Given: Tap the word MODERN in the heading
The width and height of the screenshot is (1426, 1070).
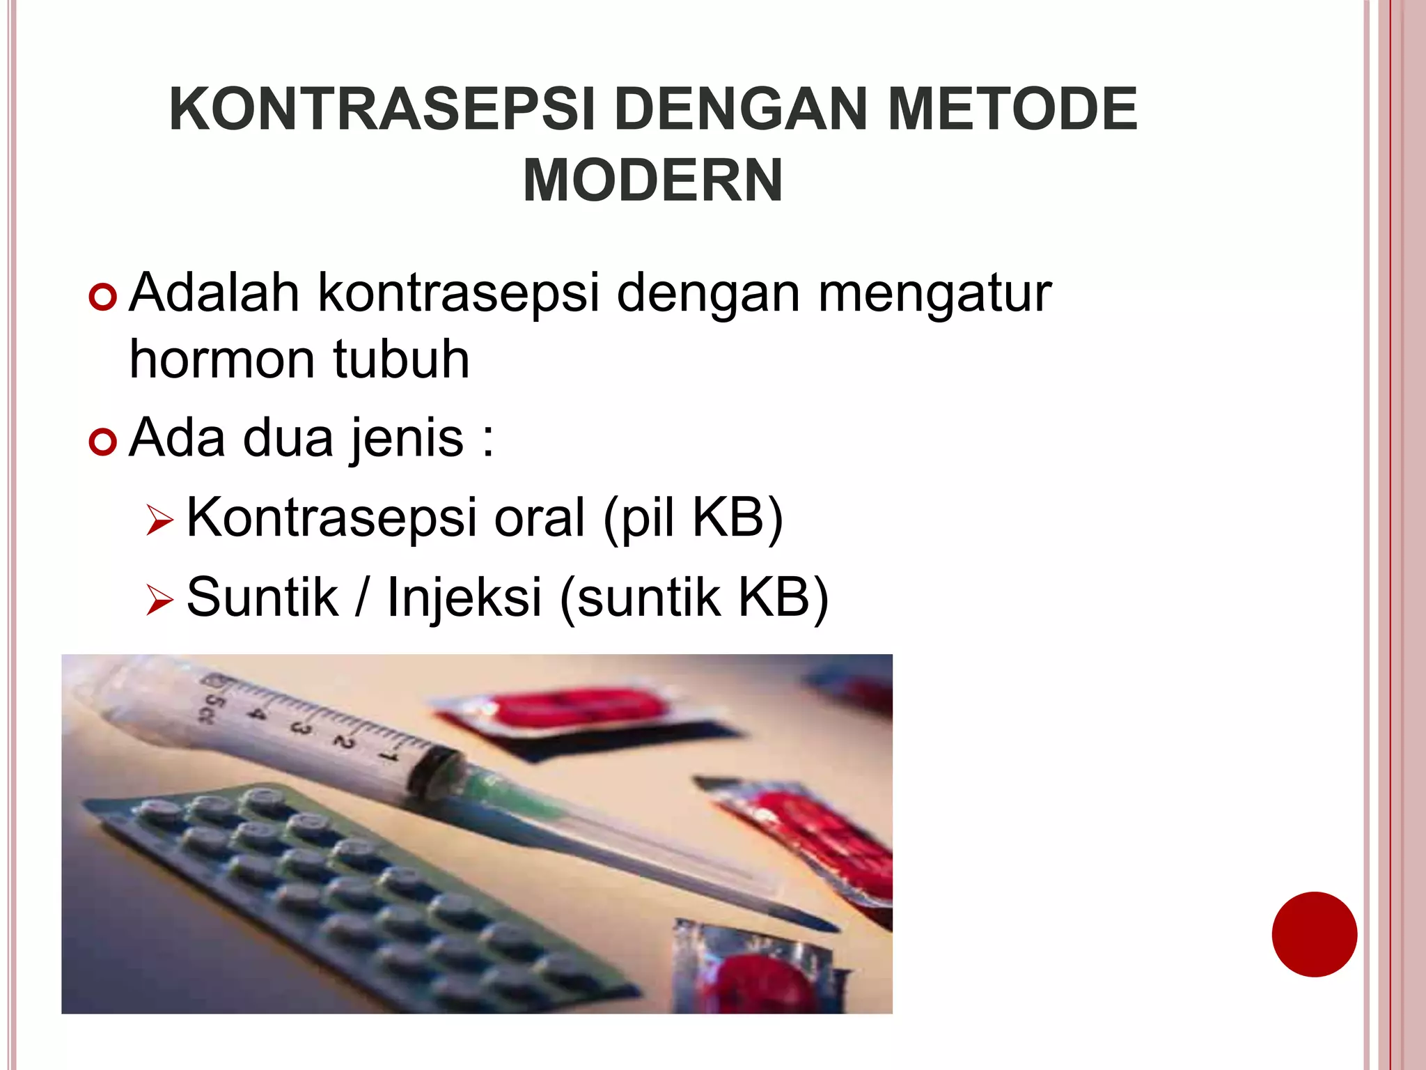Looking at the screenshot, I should tap(652, 181).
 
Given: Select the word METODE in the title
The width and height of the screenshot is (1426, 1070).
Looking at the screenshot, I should tap(1012, 109).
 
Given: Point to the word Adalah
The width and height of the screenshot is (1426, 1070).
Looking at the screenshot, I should tap(214, 293).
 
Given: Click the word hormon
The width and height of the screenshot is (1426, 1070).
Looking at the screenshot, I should tap(222, 360).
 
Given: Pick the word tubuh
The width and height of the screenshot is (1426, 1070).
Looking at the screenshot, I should tap(401, 360).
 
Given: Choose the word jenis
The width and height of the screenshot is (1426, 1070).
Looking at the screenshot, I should tap(407, 439).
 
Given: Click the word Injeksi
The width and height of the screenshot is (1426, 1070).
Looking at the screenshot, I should tap(464, 598).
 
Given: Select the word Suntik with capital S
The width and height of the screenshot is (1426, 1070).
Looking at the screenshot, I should tap(262, 598).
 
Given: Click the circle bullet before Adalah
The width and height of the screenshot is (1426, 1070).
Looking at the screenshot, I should tap(102, 297).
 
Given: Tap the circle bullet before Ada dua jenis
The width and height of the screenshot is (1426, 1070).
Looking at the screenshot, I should tap(102, 442).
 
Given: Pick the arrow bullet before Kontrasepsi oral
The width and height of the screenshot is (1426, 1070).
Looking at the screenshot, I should tap(159, 521).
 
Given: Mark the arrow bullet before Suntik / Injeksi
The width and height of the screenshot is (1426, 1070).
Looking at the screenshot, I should tap(159, 600).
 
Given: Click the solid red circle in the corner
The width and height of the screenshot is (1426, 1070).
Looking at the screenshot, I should tap(1314, 934).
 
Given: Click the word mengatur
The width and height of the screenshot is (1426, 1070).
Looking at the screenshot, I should tap(934, 293).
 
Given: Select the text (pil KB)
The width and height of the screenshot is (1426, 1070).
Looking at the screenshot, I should tap(693, 518).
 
